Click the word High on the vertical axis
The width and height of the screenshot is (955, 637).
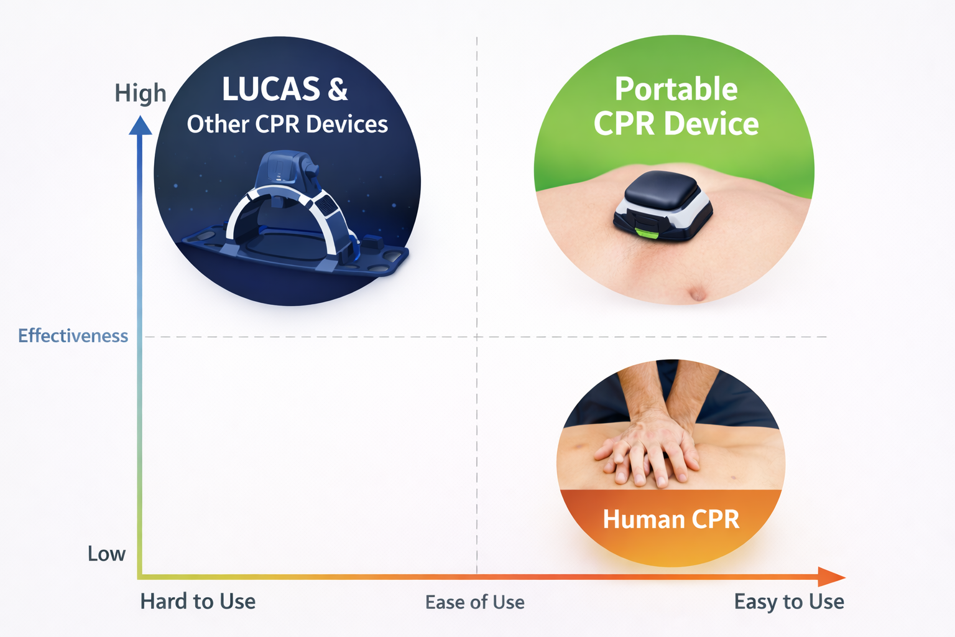141,93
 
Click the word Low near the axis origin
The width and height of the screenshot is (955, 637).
106,554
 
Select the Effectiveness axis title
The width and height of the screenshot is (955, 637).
73,336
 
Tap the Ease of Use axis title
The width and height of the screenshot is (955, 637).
475,602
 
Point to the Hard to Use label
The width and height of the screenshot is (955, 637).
198,602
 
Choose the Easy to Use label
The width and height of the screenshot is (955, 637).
789,602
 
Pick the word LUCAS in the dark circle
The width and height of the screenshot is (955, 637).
271,90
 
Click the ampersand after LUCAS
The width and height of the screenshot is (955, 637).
338,90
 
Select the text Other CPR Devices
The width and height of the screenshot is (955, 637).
287,124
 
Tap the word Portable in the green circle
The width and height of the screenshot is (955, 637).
676,89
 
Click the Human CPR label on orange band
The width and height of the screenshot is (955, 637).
671,519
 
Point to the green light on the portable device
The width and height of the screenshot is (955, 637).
646,233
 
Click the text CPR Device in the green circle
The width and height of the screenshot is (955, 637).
676,124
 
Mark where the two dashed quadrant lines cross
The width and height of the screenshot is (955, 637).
477,337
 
